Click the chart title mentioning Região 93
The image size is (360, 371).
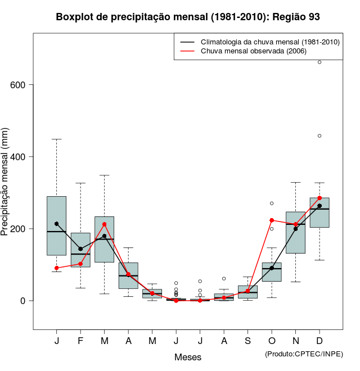pos(188,17)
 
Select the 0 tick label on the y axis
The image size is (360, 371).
pos(22,301)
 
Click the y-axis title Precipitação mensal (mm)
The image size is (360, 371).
pos(6,188)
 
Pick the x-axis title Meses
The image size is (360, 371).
pos(188,357)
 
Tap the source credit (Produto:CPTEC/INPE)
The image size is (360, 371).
pos(304,354)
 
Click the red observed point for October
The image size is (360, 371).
pos(272,220)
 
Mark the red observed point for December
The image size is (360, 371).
pos(319,198)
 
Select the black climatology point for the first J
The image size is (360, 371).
pos(57,224)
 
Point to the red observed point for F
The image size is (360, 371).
pos(80,264)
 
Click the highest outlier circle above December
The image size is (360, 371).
pos(319,62)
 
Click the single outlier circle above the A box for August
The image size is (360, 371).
pos(224,278)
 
